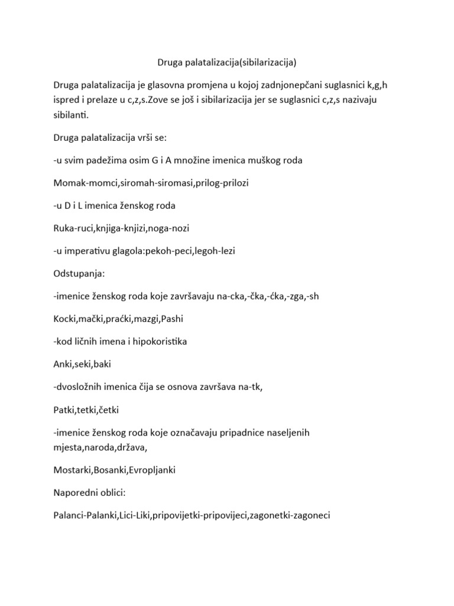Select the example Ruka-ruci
tap(73, 228)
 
